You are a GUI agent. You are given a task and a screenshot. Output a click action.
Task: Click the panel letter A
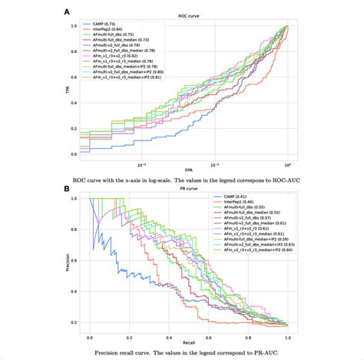[68, 12]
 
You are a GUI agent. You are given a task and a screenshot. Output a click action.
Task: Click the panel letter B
[68, 186]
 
